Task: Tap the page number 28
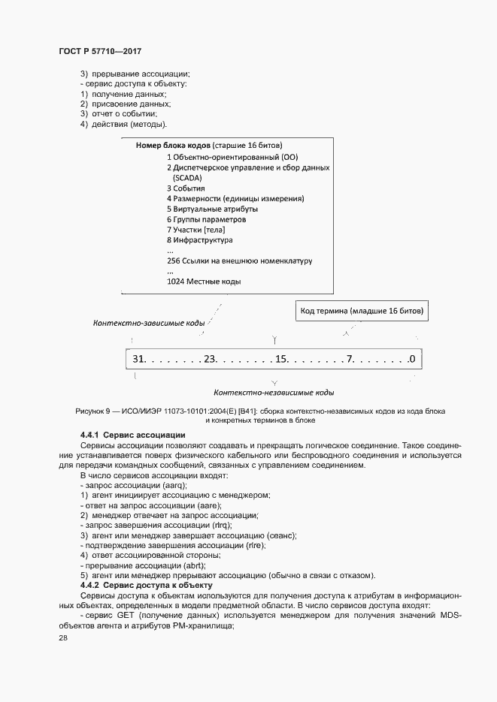[63, 637]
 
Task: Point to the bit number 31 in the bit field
[138, 359]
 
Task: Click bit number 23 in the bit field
[210, 359]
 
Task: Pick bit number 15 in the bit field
[282, 359]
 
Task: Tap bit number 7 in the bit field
[350, 359]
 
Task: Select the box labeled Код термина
[362, 310]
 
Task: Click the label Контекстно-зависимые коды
[149, 323]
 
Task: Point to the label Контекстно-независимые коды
[274, 392]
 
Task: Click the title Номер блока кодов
[173, 145]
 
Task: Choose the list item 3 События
[186, 188]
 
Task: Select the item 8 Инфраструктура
[200, 240]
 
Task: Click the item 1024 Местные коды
[204, 282]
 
